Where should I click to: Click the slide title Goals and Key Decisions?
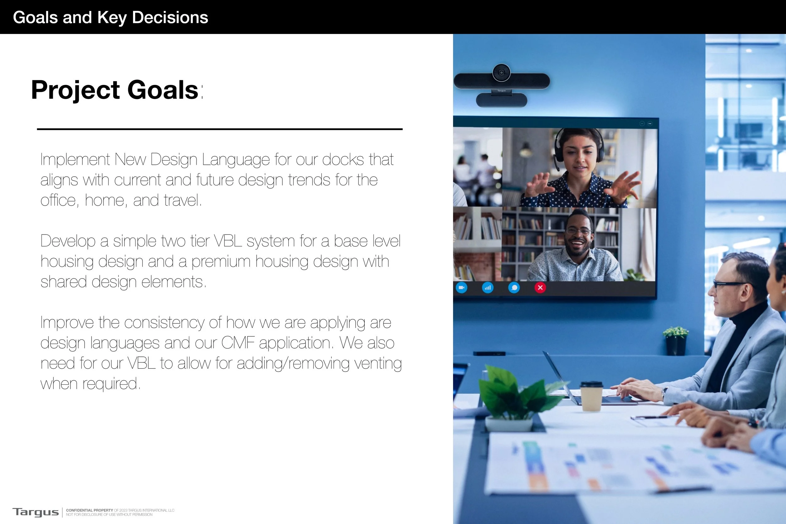pyautogui.click(x=110, y=17)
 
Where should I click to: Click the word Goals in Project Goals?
pyautogui.click(x=163, y=90)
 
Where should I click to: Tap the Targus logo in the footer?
pyautogui.click(x=36, y=512)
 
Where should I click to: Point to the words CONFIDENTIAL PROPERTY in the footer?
pyautogui.click(x=89, y=510)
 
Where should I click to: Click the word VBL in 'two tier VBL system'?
pyautogui.click(x=228, y=241)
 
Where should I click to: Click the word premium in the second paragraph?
pyautogui.click(x=221, y=262)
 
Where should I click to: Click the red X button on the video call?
pyautogui.click(x=540, y=288)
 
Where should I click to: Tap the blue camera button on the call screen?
pyautogui.click(x=462, y=288)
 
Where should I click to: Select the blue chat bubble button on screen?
pyautogui.click(x=514, y=288)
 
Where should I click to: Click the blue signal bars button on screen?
pyautogui.click(x=488, y=288)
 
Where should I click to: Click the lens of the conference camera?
pyautogui.click(x=501, y=73)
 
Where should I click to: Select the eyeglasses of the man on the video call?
pyautogui.click(x=578, y=231)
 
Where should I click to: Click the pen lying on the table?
pyautogui.click(x=650, y=417)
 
